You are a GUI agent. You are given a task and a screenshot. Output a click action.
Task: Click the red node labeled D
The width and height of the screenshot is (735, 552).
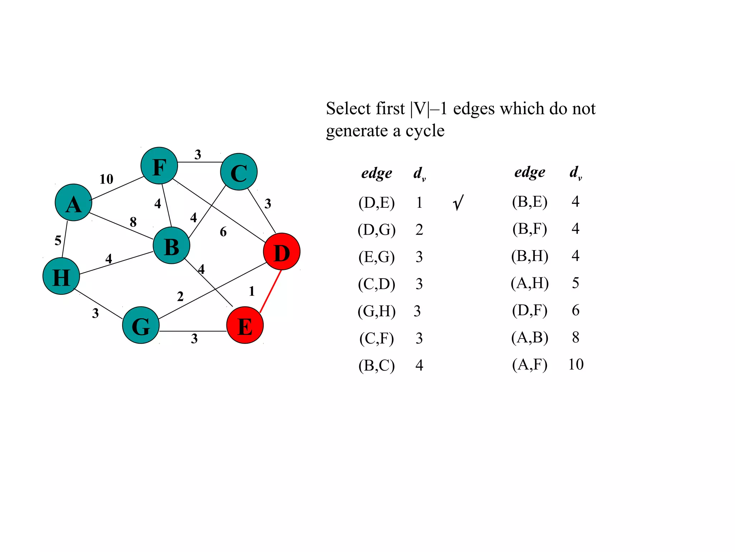(282, 252)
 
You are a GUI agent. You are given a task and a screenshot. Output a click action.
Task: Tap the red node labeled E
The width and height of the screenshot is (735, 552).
(245, 325)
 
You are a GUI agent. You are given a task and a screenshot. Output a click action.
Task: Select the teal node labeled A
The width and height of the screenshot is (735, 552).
(74, 203)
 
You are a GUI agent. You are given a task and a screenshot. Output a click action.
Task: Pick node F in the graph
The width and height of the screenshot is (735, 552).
(159, 166)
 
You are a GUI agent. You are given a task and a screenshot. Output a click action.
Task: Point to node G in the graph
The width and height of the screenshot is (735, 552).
(141, 325)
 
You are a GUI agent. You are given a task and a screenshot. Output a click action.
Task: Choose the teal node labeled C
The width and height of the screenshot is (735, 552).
(239, 172)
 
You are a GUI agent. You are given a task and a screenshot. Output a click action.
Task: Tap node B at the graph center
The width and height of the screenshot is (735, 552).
(172, 246)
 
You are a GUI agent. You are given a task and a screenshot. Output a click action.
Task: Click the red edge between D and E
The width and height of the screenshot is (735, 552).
(271, 291)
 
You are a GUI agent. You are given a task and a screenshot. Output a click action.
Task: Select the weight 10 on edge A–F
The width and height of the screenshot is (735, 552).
(106, 179)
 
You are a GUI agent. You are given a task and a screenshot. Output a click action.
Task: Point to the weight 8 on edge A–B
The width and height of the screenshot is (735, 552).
(133, 222)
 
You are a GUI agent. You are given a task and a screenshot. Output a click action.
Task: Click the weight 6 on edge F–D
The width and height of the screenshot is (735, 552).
(223, 232)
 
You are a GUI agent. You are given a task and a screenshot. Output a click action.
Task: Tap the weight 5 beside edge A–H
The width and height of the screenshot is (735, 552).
(58, 240)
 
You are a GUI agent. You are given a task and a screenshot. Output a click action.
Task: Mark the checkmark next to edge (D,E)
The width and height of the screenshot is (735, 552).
(458, 203)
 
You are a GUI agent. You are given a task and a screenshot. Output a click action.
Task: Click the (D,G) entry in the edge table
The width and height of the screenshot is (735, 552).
(376, 230)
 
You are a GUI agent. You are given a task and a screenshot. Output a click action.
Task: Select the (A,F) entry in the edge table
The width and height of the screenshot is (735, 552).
(530, 365)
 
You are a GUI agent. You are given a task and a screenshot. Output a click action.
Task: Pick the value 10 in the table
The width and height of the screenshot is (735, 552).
(576, 365)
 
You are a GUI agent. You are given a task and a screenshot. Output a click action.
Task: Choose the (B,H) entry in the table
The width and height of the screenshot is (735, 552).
(530, 256)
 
